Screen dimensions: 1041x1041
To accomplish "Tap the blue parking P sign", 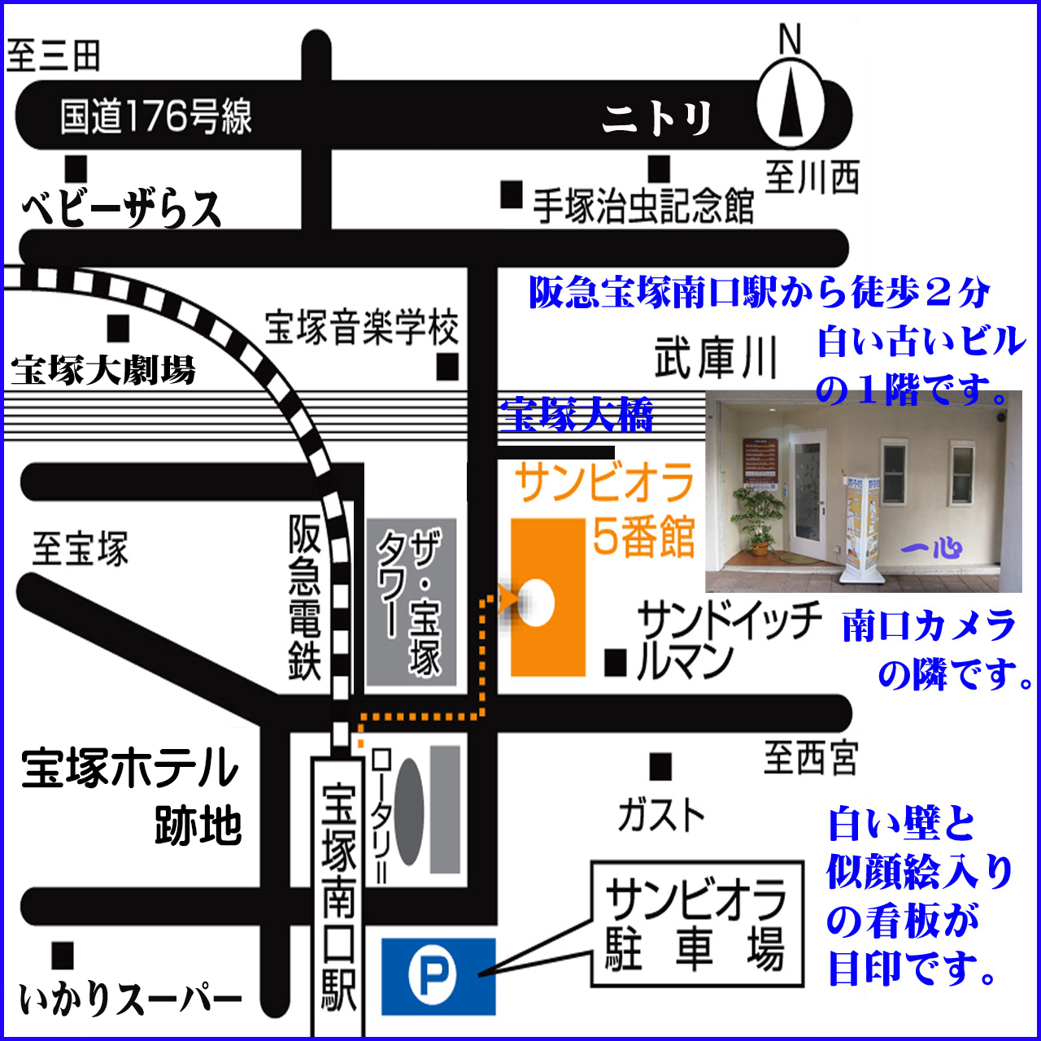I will (438, 976).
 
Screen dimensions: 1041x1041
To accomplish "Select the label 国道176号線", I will (156, 116).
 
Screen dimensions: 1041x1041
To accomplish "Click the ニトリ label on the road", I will (657, 120).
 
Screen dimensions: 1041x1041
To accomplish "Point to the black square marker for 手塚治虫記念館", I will (511, 194).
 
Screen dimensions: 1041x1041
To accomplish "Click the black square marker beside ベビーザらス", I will (76, 168).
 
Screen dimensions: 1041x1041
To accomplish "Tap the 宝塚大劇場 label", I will (103, 371).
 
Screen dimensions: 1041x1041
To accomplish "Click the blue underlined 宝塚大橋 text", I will (577, 416).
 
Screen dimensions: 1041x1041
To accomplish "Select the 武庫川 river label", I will (716, 358).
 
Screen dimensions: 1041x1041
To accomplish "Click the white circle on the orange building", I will (536, 603).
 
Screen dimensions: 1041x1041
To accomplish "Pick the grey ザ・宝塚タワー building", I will (411, 603).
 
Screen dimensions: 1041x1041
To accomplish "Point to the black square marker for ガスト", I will (660, 767).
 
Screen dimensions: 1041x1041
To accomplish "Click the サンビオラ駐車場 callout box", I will (696, 925).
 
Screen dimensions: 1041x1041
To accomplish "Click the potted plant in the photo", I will (757, 518).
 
